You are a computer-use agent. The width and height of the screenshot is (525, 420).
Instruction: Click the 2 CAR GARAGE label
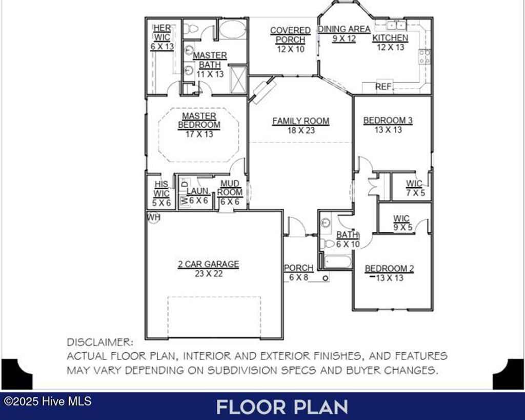point(208,264)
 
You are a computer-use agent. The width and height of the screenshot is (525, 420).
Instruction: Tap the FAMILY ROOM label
point(300,121)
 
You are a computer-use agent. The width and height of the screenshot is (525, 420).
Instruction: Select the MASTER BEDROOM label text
point(199,121)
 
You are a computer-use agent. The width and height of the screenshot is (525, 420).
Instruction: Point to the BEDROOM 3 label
point(388,121)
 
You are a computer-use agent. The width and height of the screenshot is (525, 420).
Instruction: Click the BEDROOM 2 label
point(389,268)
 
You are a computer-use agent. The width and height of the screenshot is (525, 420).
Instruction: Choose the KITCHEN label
point(390,38)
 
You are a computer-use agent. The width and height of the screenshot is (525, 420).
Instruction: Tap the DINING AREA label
point(344,29)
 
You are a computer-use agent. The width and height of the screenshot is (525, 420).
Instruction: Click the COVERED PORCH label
point(290,35)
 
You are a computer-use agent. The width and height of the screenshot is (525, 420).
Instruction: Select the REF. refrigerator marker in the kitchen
point(383,87)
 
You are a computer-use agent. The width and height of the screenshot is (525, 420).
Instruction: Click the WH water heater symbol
point(153,217)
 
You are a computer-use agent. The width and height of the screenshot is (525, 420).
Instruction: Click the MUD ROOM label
point(230,188)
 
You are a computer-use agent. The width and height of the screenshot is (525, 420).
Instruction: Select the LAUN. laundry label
point(197,191)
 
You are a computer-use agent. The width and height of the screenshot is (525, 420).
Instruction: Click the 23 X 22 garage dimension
point(208,274)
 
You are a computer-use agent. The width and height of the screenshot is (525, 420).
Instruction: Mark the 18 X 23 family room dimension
point(300,130)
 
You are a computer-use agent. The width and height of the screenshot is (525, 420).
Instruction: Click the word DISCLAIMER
point(100,342)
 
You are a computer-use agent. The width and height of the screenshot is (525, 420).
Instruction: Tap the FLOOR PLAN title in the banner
point(282,407)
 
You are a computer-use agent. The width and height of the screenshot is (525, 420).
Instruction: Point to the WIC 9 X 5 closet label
point(402,223)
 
